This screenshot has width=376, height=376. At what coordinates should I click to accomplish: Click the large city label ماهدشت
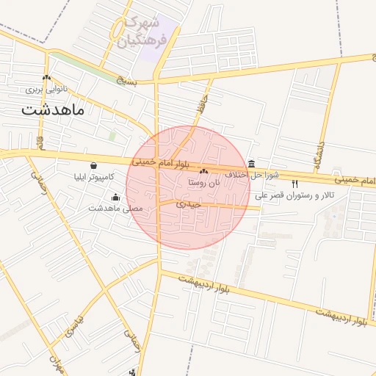(x=53, y=110)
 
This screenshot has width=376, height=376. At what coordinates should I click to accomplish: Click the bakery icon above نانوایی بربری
(x=47, y=77)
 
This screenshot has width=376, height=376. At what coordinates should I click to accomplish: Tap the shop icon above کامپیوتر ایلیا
(x=93, y=165)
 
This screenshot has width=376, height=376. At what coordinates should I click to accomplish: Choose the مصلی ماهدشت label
(x=115, y=209)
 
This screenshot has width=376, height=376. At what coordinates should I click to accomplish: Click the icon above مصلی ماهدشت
(x=115, y=197)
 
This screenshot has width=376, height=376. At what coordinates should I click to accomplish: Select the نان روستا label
(x=204, y=181)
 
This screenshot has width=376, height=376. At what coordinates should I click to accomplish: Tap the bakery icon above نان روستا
(x=204, y=171)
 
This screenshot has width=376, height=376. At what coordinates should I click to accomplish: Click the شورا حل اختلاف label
(x=252, y=175)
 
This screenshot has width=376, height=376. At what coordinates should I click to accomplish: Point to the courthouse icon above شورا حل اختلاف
(x=252, y=163)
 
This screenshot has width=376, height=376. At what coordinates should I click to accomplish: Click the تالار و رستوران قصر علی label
(x=294, y=196)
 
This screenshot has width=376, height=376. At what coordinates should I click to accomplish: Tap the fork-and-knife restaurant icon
(x=294, y=184)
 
